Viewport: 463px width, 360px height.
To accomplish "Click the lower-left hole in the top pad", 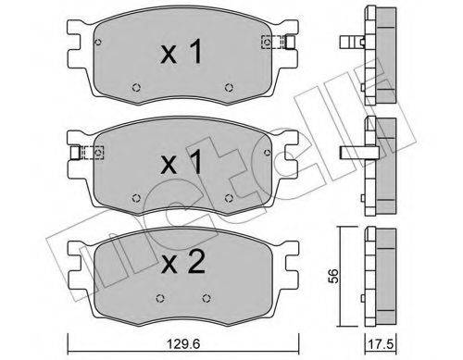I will pos(135,90).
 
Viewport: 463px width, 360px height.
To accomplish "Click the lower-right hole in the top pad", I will pos(229,90).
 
